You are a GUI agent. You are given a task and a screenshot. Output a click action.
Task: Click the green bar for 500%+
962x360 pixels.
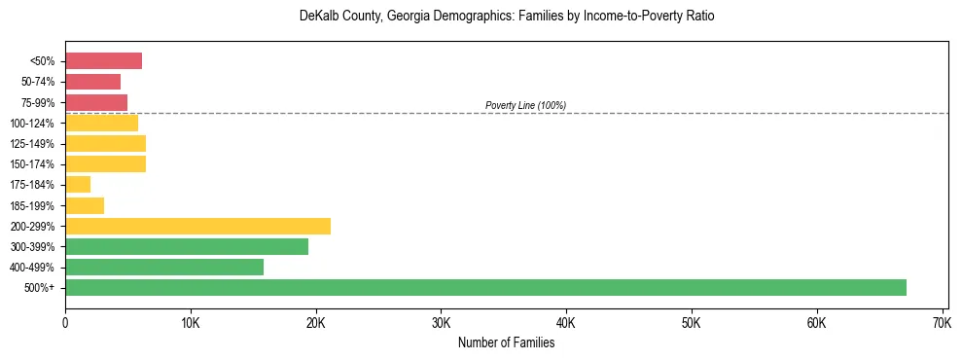point(485,287)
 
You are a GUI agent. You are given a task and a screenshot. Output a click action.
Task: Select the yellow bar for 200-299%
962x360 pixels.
point(197,226)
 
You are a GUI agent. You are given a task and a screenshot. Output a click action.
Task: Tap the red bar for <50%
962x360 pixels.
point(103,61)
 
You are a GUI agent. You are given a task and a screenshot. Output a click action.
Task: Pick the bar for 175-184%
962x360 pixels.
point(78,185)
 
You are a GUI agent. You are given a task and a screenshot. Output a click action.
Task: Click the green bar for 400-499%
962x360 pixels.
point(164,267)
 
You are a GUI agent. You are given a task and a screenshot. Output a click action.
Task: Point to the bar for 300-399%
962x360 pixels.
point(187,246)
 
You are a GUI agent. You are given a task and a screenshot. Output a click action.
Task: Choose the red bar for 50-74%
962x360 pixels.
point(92,82)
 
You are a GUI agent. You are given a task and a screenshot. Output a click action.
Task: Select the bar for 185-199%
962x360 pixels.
point(85,205)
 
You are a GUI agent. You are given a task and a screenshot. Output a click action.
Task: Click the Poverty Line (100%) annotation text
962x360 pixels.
point(525,105)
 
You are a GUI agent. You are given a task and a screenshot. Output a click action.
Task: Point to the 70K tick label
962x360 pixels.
point(942,322)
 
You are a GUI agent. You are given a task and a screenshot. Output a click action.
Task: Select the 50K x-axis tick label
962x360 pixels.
point(691,322)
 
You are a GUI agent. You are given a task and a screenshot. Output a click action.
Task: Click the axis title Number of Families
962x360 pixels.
point(506,342)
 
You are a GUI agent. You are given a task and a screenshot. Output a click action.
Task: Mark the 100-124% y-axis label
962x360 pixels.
point(32,124)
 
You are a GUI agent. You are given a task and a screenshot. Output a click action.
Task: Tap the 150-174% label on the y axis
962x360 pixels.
point(32,164)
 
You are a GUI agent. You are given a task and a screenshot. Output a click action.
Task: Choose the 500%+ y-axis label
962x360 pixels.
point(40,288)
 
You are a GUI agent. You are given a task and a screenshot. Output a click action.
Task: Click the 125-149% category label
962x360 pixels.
point(32,144)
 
